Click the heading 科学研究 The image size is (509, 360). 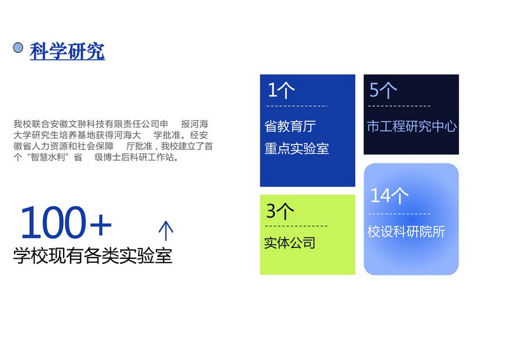[67, 52]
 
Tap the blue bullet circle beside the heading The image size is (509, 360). [18, 48]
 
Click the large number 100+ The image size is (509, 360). [66, 222]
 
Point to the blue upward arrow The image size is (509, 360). [166, 231]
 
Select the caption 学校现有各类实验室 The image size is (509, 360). [92, 256]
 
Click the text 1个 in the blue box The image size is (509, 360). [281, 90]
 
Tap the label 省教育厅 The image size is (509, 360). [290, 127]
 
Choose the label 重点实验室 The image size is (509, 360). [296, 149]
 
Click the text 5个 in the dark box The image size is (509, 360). [383, 90]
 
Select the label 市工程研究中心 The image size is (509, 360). [412, 127]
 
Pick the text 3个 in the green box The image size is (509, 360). [280, 211]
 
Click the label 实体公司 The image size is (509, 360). [290, 243]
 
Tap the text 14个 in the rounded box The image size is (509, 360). [389, 195]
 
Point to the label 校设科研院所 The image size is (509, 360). [406, 232]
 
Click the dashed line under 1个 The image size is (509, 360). [296, 106]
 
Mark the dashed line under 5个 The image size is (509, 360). [400, 106]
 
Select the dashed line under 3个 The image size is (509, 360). [296, 226]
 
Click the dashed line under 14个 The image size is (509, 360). [400, 214]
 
